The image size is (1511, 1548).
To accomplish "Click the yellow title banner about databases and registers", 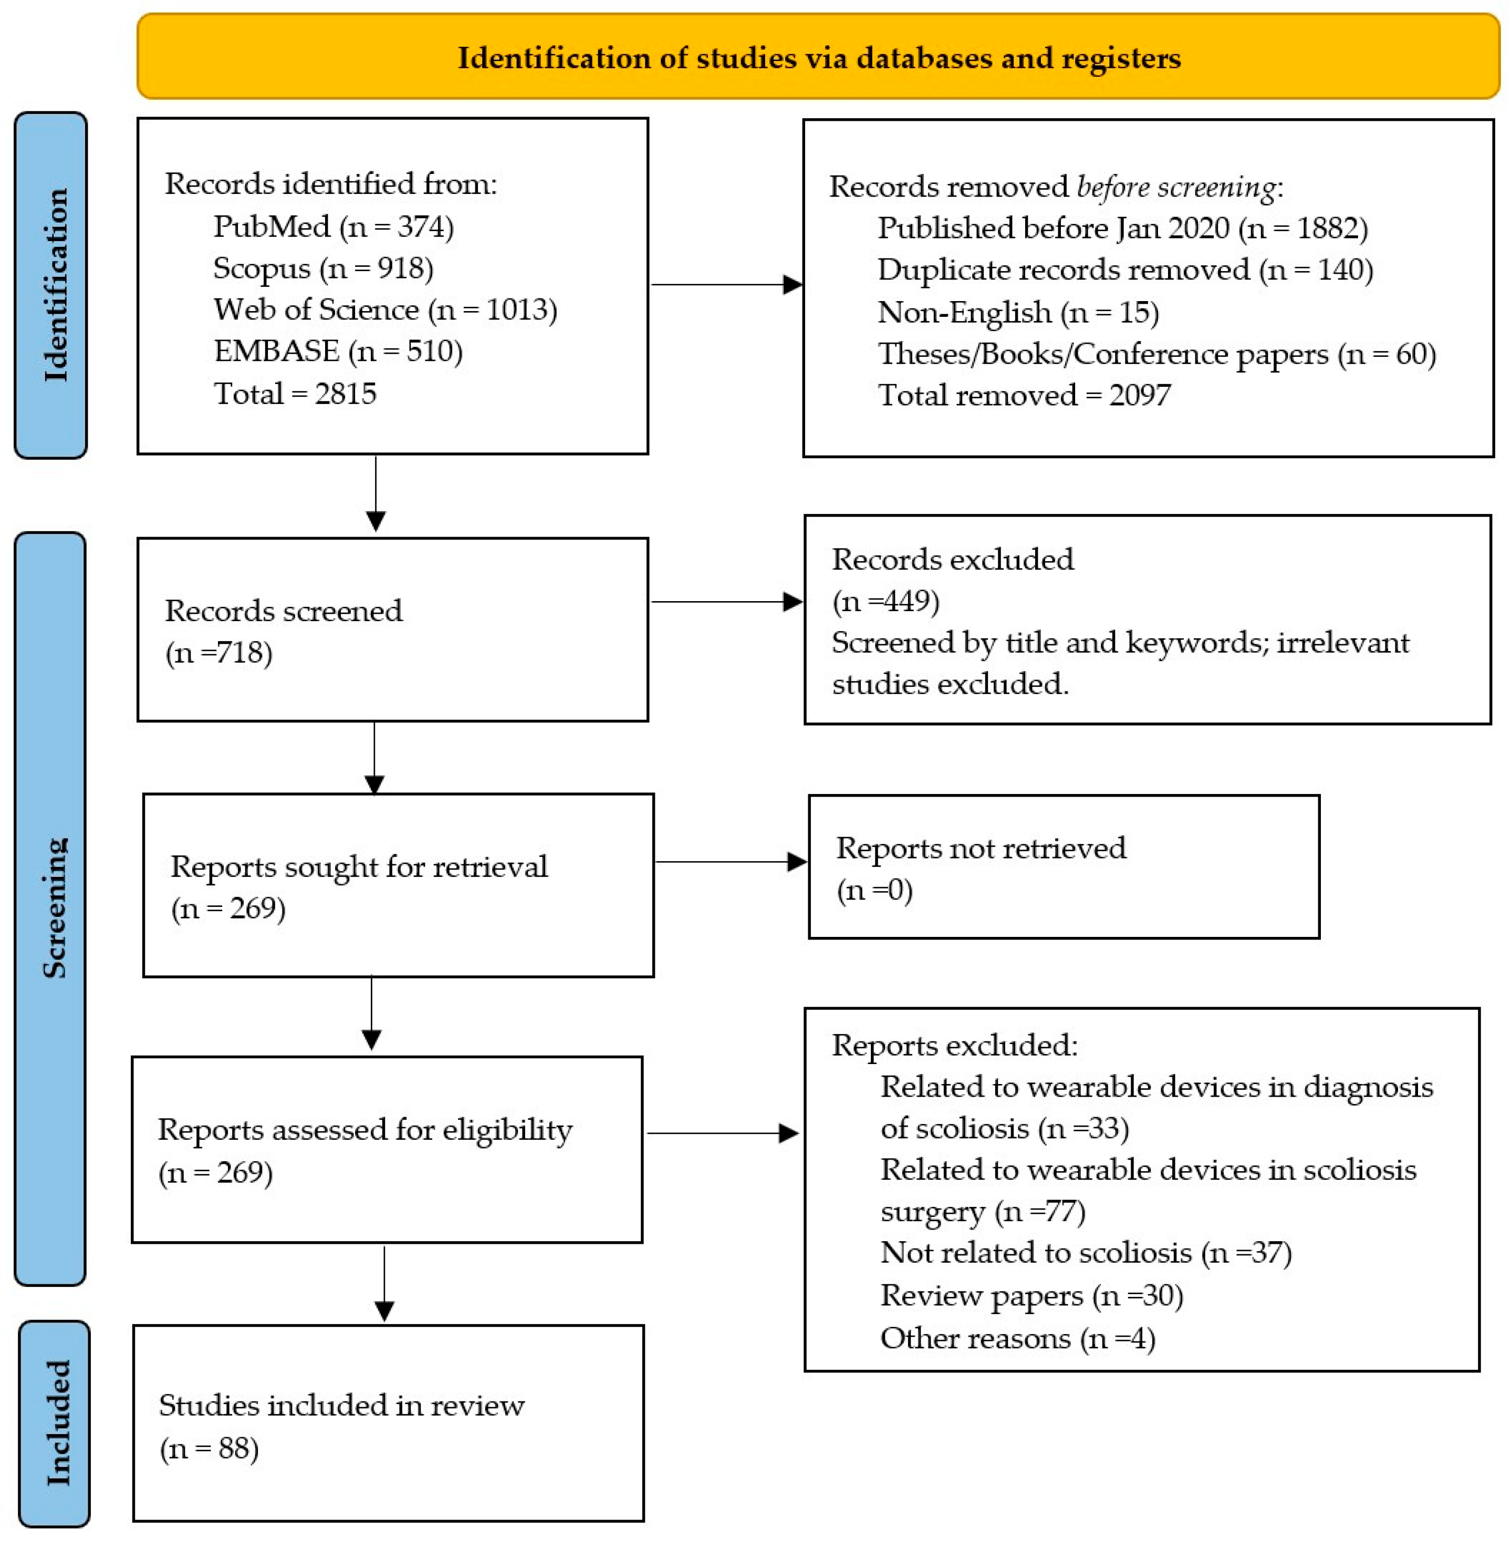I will click(818, 57).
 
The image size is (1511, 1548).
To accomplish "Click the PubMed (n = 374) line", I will click(334, 227).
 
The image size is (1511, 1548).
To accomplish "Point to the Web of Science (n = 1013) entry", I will click(385, 309).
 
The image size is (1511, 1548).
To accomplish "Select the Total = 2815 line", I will click(295, 394).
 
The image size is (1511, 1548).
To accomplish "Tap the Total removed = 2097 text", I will click(1024, 395).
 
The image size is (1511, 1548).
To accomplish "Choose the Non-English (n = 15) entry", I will click(1018, 313).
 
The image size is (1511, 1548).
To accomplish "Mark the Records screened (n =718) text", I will click(283, 631).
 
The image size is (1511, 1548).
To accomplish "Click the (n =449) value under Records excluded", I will click(885, 601).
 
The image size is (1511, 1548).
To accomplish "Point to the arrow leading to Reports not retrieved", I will click(730, 861).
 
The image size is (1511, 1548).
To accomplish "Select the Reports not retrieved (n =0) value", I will click(874, 890).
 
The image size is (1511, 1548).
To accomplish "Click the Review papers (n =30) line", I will click(1031, 1296).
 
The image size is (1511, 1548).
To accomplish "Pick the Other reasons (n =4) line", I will click(1017, 1338).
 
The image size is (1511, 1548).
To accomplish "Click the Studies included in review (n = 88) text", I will click(341, 1427).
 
